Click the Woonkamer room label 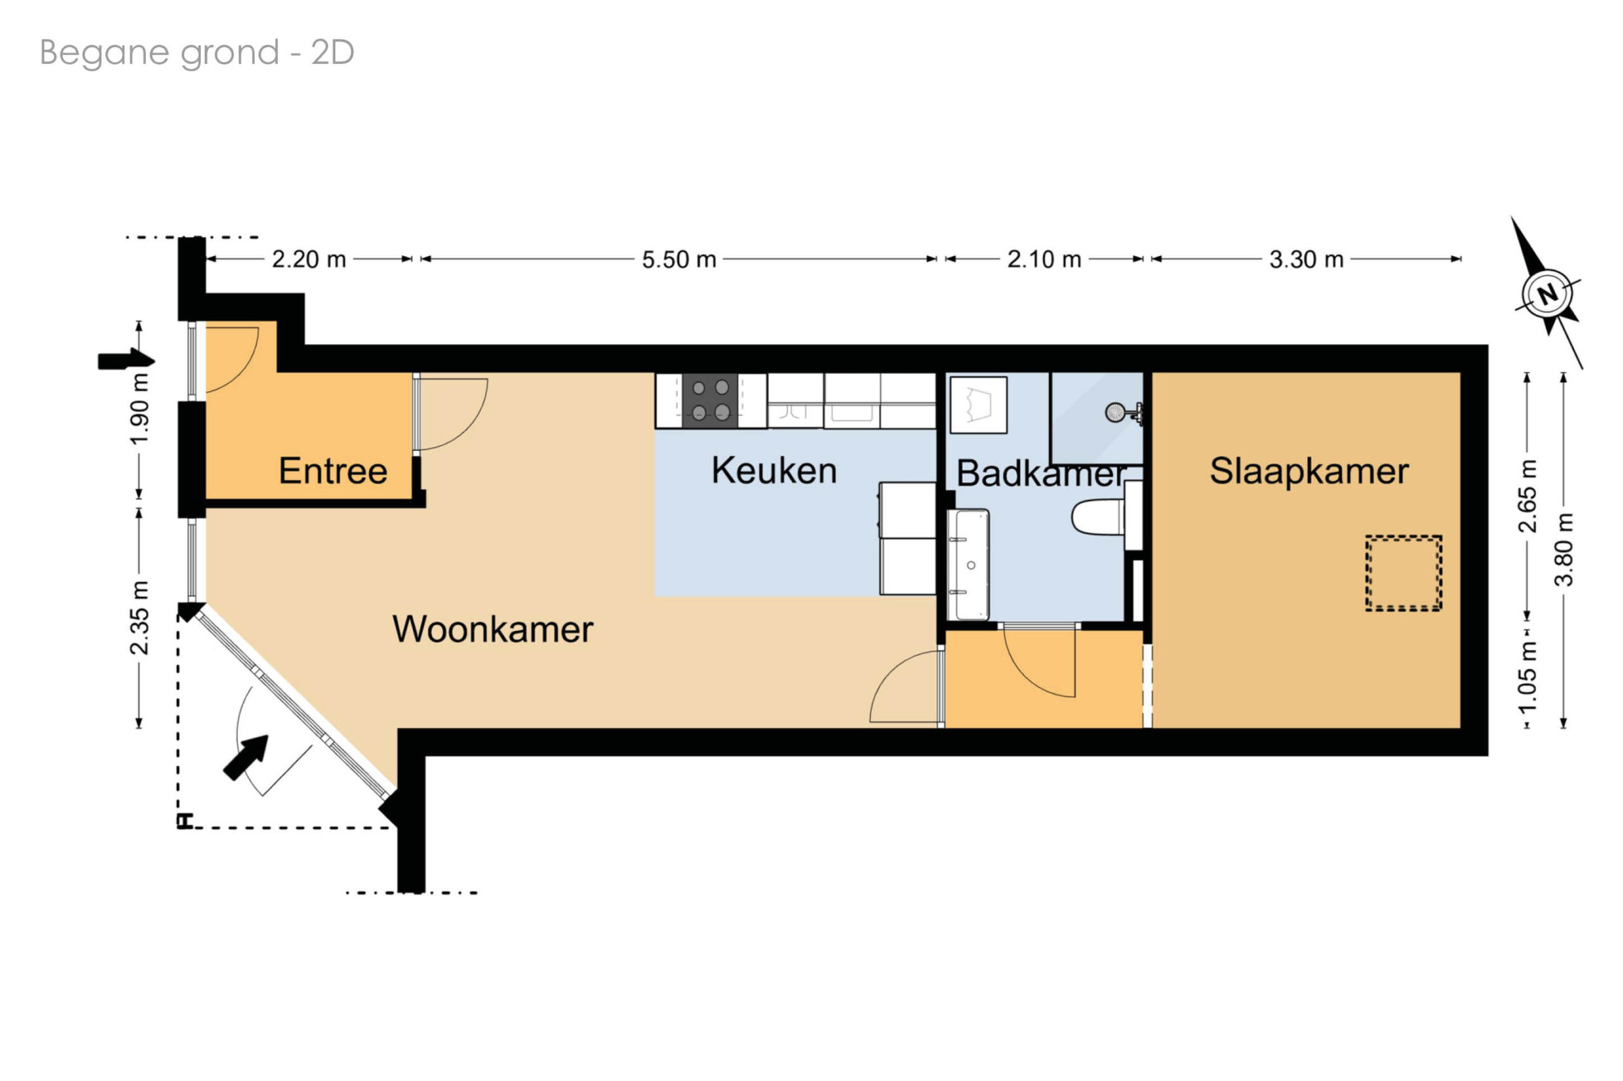[x=492, y=629]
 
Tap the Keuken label [x=773, y=470]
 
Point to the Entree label [x=332, y=471]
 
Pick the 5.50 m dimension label [x=679, y=260]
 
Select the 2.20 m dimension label [x=308, y=259]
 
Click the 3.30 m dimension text [x=1306, y=259]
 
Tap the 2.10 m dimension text [x=1044, y=259]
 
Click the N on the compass [x=1547, y=295]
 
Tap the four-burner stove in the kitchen [x=710, y=400]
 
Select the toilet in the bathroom [x=1098, y=517]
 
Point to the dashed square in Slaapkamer [x=1403, y=573]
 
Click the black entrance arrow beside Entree [x=126, y=360]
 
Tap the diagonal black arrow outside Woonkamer [x=245, y=758]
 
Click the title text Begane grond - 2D [x=197, y=53]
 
